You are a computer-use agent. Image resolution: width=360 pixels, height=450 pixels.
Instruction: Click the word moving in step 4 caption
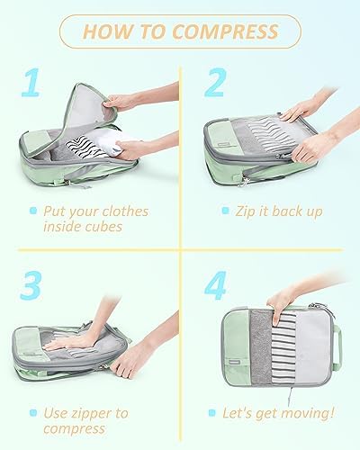pyautogui.click(x=304, y=413)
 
